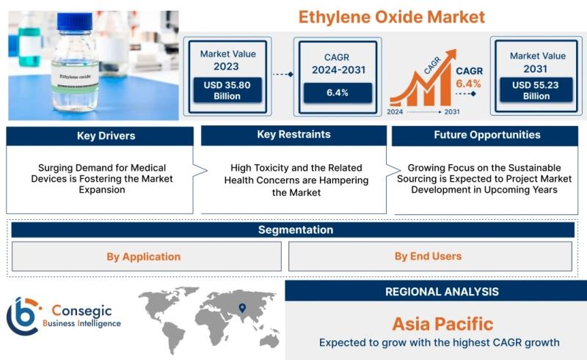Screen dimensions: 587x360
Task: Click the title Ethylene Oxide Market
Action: (x=392, y=17)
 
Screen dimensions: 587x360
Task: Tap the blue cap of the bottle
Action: (x=75, y=21)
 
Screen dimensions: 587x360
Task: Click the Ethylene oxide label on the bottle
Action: (x=75, y=78)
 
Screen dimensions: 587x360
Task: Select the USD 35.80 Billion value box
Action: (x=227, y=90)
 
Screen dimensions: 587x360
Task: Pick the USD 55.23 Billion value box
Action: (x=536, y=89)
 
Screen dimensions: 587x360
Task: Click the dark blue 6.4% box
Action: (x=338, y=93)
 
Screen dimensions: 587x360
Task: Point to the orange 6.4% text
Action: (x=468, y=84)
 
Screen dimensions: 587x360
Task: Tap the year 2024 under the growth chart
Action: (x=395, y=111)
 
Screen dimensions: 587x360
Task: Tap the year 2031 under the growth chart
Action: (x=452, y=111)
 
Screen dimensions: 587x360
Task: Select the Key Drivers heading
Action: (x=106, y=136)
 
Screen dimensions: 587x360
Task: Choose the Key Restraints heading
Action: (x=294, y=134)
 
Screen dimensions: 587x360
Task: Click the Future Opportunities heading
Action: (x=487, y=135)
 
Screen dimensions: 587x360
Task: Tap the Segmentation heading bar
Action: (x=293, y=229)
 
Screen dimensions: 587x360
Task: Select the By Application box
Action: (x=146, y=257)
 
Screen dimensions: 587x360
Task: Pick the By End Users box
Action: (x=430, y=256)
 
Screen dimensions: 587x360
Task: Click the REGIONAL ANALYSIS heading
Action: (x=442, y=292)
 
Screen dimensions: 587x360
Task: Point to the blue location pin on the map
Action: (x=243, y=308)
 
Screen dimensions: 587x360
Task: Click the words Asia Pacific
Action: (x=443, y=323)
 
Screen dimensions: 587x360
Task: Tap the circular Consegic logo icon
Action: (x=23, y=316)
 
